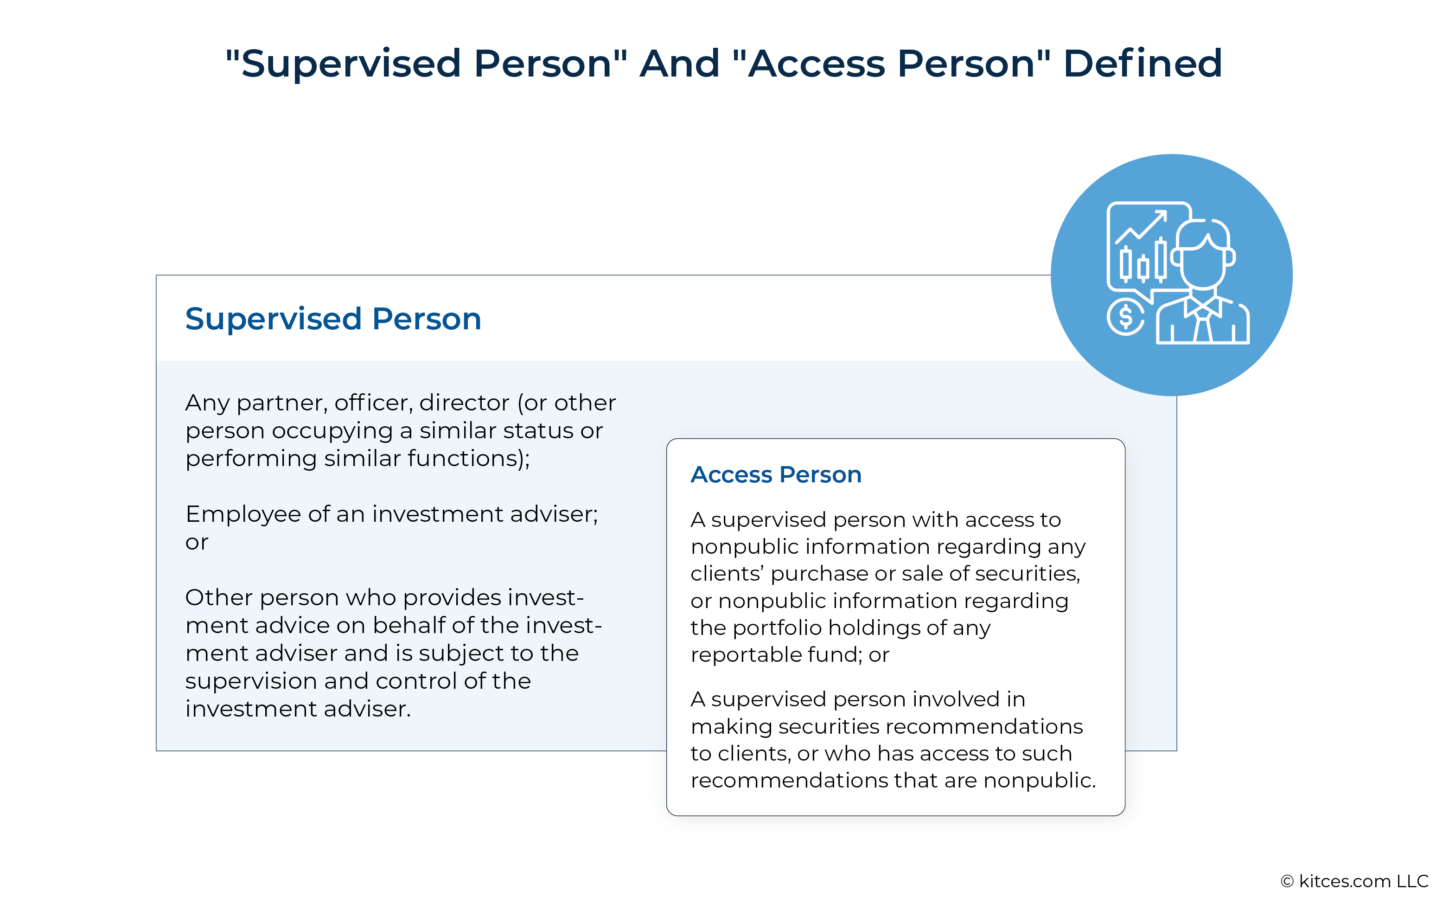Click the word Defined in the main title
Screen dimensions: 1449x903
[1142, 63]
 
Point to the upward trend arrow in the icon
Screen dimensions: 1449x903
[1141, 226]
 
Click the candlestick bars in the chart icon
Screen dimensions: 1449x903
[1143, 261]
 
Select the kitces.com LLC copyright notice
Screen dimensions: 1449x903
[1354, 881]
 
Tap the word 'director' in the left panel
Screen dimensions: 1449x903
[464, 403]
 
